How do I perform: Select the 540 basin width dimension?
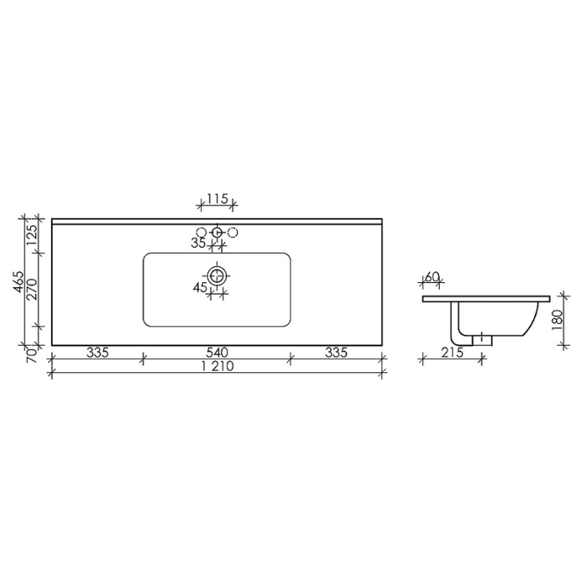217,352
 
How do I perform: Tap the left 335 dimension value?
98,352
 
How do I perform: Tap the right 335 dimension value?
336,352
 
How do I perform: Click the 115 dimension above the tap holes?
217,199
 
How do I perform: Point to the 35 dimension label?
199,244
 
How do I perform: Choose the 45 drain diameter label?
200,287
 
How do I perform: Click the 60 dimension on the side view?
432,277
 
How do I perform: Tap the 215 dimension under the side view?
452,352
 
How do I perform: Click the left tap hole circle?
200,231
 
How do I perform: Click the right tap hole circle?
234,231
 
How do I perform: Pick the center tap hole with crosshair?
217,231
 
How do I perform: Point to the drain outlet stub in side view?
485,340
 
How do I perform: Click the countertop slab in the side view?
486,297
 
